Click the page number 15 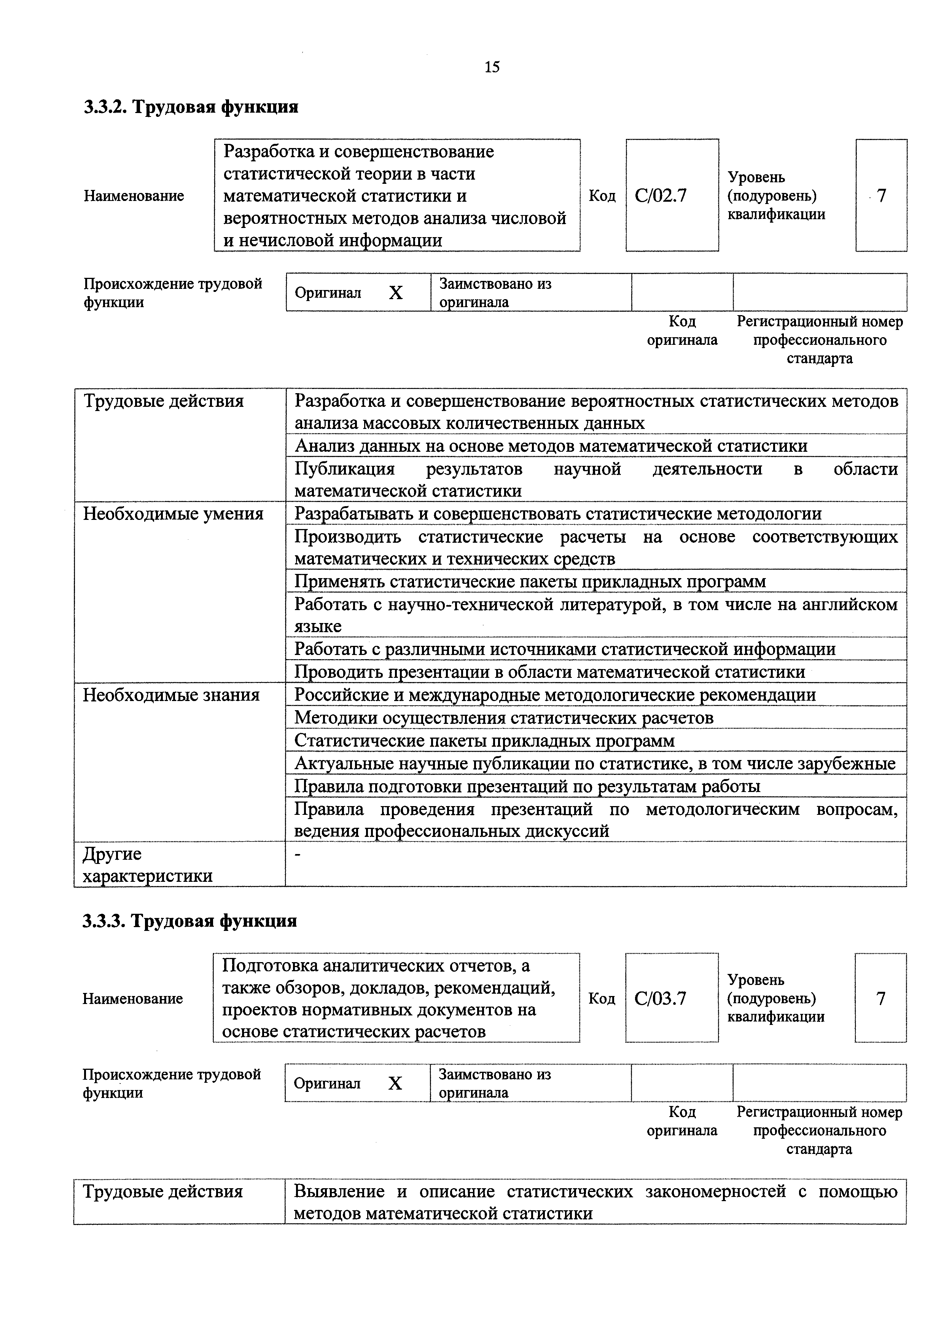492,67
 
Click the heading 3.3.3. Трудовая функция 190,921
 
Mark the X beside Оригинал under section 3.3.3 395,1084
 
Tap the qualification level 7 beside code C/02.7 881,196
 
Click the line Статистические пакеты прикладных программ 484,741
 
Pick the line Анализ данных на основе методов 551,446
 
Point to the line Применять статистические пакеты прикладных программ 530,582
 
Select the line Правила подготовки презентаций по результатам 527,787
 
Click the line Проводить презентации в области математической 549,672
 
